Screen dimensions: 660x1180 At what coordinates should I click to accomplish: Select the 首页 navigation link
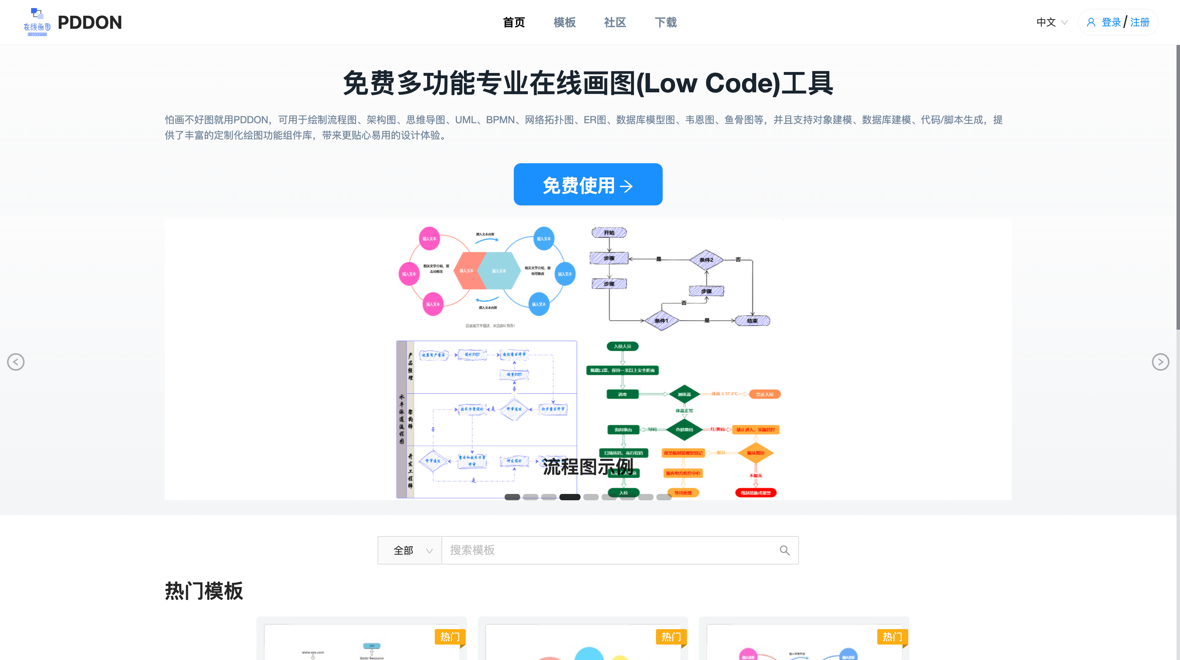(513, 22)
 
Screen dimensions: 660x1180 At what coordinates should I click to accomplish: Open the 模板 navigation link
(564, 22)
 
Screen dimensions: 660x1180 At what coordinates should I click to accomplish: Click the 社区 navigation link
(615, 22)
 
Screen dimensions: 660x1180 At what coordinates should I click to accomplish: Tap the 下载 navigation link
(666, 22)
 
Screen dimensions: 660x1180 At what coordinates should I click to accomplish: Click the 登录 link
(1111, 22)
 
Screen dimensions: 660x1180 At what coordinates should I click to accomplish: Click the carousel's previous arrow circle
(15, 362)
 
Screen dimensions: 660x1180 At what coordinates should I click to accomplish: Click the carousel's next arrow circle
(1160, 362)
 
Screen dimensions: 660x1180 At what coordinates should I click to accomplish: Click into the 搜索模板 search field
(609, 550)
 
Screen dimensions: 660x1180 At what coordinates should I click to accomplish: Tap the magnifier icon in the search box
(785, 550)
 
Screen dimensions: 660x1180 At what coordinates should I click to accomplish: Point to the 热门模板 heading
(204, 591)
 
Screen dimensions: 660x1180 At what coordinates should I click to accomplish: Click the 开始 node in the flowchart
(609, 233)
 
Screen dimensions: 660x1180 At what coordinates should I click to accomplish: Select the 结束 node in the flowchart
(752, 321)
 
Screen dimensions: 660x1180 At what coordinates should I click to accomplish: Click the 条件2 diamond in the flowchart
(706, 260)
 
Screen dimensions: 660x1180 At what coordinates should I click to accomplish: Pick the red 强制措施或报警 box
(755, 493)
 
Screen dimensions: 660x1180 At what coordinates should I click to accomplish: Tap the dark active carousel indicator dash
(570, 497)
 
